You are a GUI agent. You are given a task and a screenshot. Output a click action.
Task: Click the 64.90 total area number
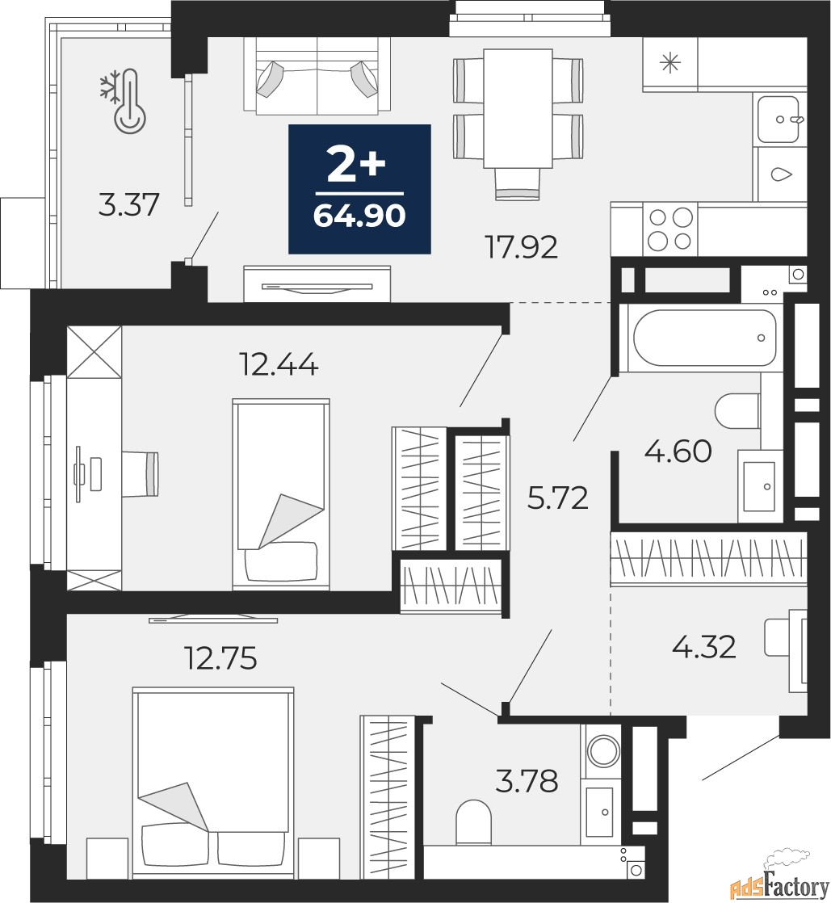click(359, 216)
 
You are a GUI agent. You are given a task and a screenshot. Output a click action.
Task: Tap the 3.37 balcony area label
click(128, 205)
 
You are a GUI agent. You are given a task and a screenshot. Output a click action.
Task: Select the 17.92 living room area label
click(522, 248)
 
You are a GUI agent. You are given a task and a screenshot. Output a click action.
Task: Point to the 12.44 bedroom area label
click(278, 364)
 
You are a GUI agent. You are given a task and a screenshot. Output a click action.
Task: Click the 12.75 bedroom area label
click(220, 657)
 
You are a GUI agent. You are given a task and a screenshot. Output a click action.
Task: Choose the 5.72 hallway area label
click(558, 498)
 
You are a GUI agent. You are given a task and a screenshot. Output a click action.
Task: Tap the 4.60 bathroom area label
click(678, 451)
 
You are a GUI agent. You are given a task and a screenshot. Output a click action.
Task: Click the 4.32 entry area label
click(703, 647)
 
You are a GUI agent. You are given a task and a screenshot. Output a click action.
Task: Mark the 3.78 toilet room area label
click(527, 782)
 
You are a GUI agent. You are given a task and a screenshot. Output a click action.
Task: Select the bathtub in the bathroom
click(704, 338)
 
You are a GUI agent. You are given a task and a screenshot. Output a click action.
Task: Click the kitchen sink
click(779, 120)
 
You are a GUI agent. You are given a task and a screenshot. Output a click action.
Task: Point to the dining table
click(518, 108)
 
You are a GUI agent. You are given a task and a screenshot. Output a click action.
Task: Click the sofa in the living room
click(317, 75)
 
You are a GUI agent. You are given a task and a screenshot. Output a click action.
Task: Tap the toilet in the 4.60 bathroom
click(737, 411)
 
